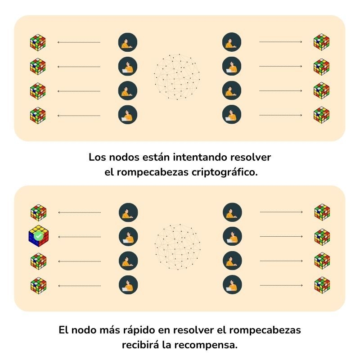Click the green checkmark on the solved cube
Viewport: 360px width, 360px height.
[x=39, y=235]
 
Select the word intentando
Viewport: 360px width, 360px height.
[x=197, y=158]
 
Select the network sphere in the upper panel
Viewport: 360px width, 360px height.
[x=177, y=77]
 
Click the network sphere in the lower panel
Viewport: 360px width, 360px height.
[x=177, y=247]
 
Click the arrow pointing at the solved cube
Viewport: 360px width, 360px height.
[x=80, y=237]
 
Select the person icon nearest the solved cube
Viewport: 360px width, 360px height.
[x=128, y=236]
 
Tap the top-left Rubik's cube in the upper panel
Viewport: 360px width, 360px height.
[x=38, y=42]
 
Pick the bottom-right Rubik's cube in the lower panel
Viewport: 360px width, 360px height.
[x=322, y=284]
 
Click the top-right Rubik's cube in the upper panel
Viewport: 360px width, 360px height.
[x=321, y=42]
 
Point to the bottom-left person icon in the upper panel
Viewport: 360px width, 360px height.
[x=128, y=115]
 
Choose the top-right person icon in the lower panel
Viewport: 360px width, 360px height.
[x=232, y=212]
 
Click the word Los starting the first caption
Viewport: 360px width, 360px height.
[x=97, y=158]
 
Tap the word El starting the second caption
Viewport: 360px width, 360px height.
[x=64, y=330]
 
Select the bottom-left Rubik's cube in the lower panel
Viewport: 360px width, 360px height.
[x=38, y=285]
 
